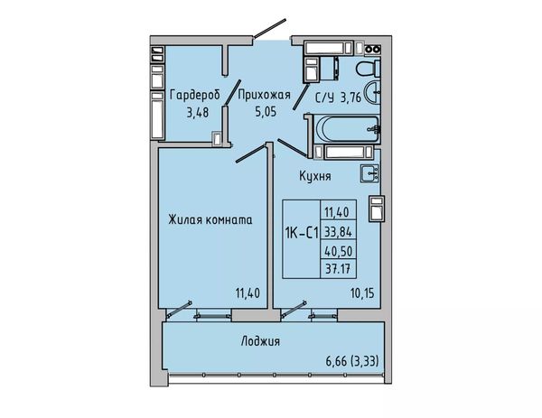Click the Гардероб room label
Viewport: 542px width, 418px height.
[x=194, y=95]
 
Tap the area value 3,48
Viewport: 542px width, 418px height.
[x=197, y=112]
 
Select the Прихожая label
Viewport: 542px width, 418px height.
[x=265, y=95]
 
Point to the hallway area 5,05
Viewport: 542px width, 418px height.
[x=266, y=112]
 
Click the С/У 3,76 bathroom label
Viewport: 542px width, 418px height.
[x=338, y=98]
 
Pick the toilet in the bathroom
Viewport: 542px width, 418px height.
[x=368, y=68]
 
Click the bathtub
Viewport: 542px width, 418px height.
[x=347, y=128]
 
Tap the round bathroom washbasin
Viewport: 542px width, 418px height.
[x=373, y=92]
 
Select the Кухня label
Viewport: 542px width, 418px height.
[x=315, y=176]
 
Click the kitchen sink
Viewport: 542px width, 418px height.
[x=369, y=172]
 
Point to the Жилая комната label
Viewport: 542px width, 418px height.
[x=210, y=219]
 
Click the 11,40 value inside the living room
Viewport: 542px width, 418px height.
[x=248, y=293]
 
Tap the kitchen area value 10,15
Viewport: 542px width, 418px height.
[x=362, y=293]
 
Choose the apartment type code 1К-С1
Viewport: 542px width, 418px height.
[x=302, y=234]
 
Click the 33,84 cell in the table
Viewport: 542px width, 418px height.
[x=338, y=232]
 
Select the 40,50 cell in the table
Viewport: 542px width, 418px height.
[x=338, y=251]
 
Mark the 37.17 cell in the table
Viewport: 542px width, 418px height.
[x=338, y=268]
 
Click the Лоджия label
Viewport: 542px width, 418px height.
[x=260, y=341]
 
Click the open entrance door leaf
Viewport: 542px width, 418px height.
[x=269, y=28]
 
